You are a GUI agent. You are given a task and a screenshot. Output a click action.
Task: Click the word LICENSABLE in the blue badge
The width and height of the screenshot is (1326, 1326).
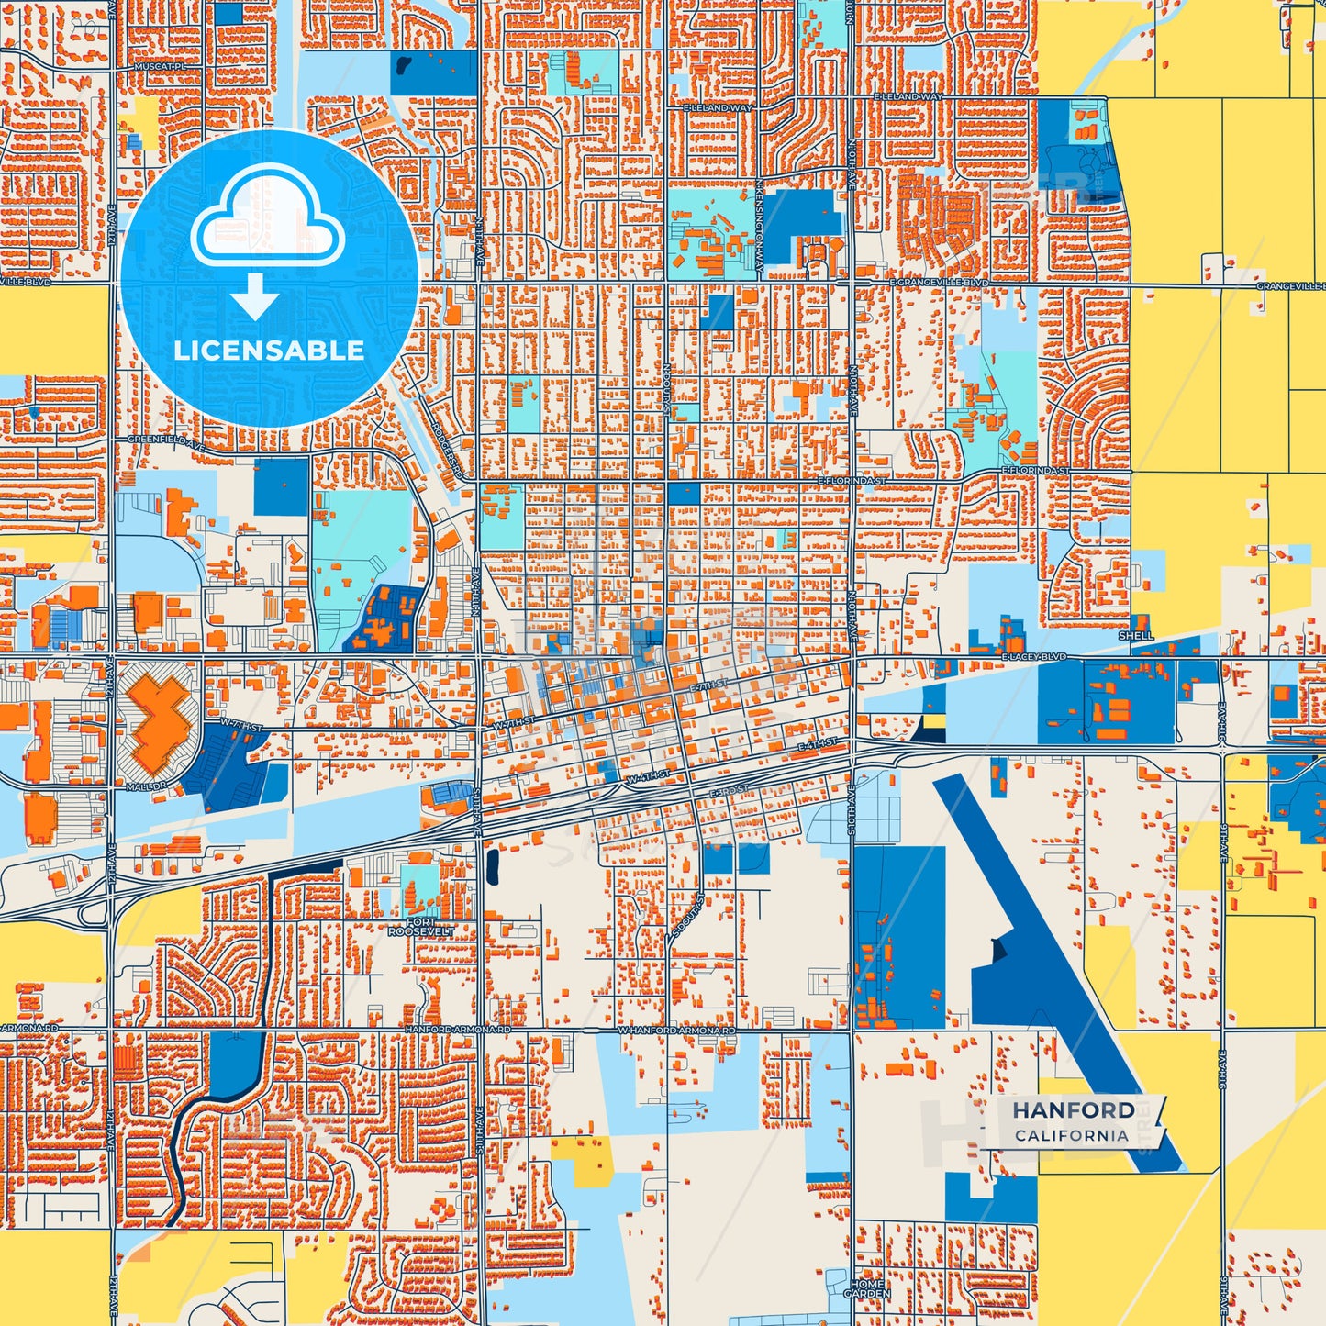click(269, 351)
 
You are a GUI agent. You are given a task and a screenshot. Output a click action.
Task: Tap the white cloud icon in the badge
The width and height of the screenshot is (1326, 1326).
click(267, 219)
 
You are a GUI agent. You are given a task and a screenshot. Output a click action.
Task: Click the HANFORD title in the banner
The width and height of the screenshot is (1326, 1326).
click(1073, 1110)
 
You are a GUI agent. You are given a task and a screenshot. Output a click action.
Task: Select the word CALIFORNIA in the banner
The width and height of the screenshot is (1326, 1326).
click(1071, 1135)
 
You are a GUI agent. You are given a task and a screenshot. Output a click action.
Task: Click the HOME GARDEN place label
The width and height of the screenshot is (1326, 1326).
click(867, 1288)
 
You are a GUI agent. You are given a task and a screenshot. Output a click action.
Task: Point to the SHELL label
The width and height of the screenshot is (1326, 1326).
click(1136, 635)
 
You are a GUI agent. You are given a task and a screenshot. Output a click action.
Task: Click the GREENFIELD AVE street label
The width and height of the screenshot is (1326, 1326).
click(166, 440)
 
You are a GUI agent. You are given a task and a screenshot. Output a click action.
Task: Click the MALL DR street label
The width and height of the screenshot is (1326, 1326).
click(146, 787)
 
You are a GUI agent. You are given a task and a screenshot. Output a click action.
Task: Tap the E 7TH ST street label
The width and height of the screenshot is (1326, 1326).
click(708, 685)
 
